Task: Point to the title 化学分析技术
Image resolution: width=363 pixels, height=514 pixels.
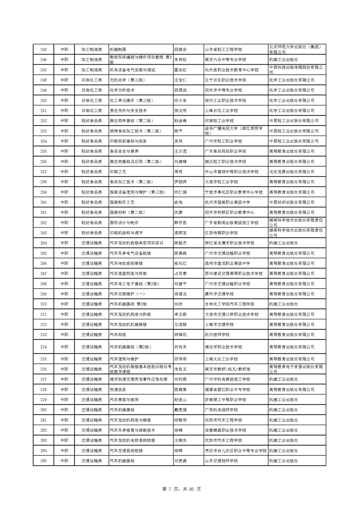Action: click(122, 90)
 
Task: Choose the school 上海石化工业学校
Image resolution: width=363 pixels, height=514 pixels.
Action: click(222, 110)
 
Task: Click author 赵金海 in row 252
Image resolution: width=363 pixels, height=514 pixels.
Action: click(181, 120)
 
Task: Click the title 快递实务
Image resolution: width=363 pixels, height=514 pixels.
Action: click(118, 389)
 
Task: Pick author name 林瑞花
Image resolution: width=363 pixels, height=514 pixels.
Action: click(181, 335)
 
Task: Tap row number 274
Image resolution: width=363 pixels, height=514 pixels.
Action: click(43, 347)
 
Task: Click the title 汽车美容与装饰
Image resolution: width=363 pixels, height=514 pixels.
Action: click(124, 399)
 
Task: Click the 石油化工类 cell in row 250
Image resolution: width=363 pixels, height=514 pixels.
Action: click(91, 100)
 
